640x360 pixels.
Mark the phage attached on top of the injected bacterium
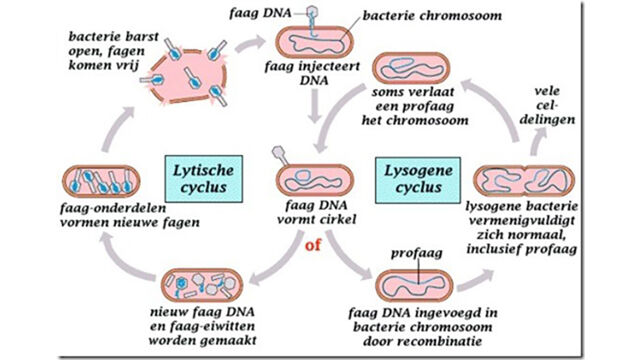pyautogui.click(x=313, y=20)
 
